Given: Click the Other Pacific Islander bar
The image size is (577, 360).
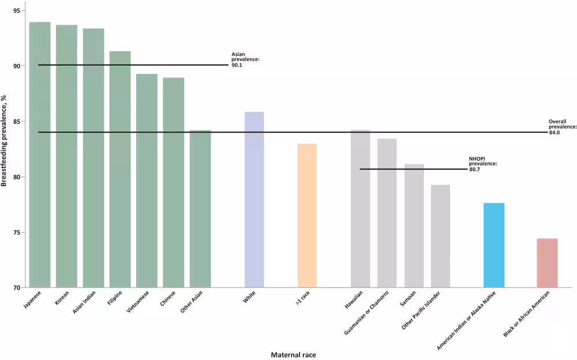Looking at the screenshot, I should [440, 236].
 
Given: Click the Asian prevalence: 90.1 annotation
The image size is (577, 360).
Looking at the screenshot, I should [245, 59].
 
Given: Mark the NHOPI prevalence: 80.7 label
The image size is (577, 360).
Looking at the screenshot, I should [483, 164].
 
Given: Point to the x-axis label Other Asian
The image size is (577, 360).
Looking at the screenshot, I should [192, 301].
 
